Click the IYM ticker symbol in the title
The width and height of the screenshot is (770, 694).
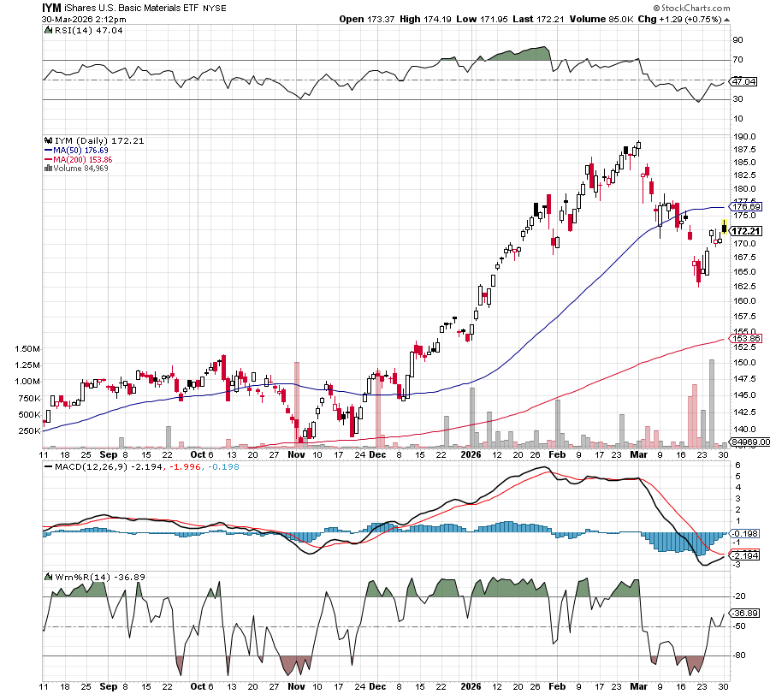tap(54, 7)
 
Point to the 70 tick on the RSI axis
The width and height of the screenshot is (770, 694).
tap(736, 60)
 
